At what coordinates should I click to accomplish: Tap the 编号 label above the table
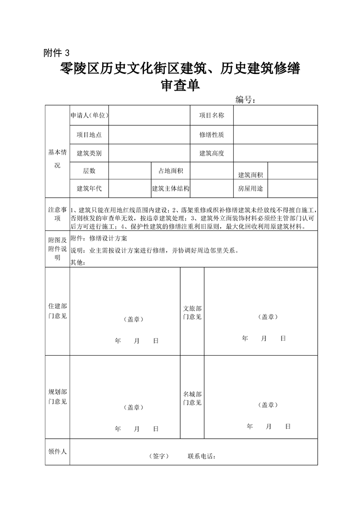coord(246,99)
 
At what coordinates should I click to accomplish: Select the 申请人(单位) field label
coord(89,115)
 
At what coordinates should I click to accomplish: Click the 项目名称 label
coord(212,115)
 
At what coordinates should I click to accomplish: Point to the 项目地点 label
coord(89,135)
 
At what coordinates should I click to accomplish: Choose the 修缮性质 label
coord(212,135)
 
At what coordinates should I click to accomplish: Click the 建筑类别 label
coord(89,153)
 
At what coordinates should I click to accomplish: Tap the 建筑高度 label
coord(212,153)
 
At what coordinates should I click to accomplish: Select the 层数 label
coord(89,171)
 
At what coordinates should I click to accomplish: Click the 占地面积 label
coord(170,171)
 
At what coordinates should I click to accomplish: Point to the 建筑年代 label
coord(89,188)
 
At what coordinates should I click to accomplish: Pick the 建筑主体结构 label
coord(170,188)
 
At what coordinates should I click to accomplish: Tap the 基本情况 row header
coord(57,158)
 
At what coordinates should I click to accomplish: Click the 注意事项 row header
coord(57,214)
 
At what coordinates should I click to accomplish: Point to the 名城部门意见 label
coord(192,398)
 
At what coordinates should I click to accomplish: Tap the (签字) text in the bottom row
coord(158,456)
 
